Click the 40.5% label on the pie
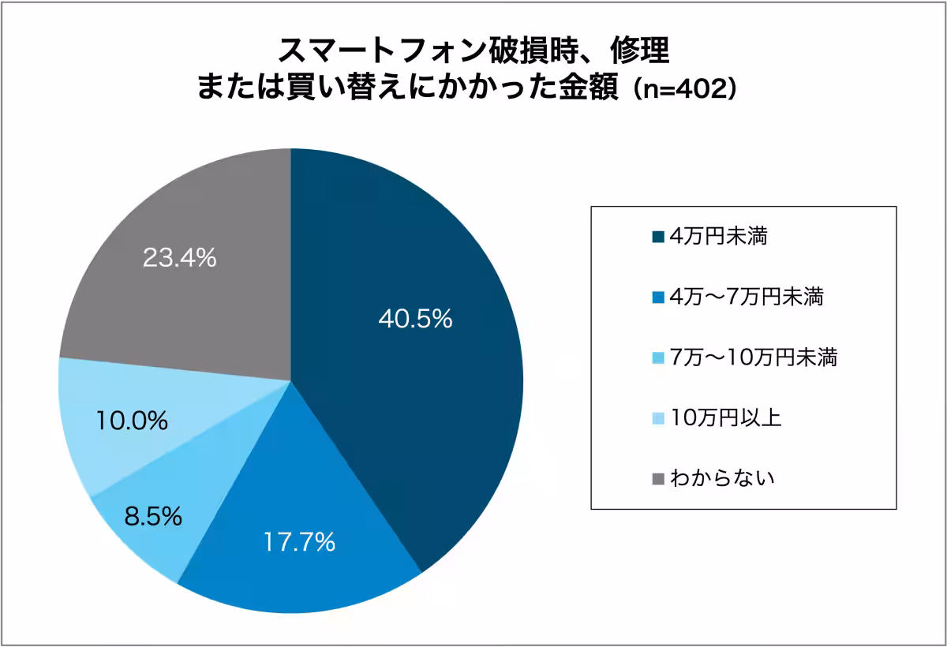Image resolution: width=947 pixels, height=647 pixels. point(415,319)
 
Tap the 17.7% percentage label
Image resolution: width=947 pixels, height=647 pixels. point(299,542)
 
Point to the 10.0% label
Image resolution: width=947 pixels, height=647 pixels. point(132,421)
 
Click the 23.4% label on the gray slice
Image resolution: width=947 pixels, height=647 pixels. point(179,258)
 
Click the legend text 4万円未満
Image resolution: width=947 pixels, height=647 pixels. point(717,236)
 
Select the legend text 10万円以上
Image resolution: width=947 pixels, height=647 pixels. point(725,417)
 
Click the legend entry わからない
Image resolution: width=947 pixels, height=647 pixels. point(721,478)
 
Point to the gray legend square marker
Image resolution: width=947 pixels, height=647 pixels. point(657,479)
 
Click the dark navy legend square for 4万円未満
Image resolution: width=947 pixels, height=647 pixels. point(657,237)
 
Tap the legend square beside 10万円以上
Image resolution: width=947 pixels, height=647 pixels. point(657,418)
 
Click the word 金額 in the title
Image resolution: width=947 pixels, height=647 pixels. point(590,87)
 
